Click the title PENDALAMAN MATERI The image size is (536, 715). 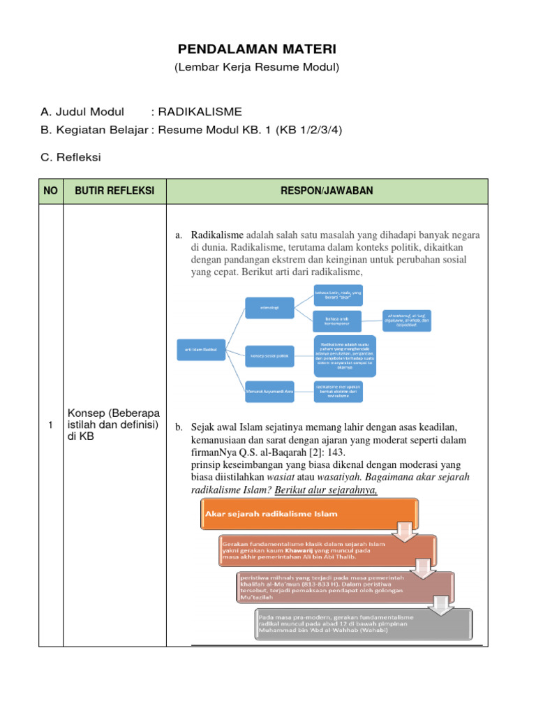257,50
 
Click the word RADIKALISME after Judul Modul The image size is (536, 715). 200,112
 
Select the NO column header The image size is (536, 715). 51,191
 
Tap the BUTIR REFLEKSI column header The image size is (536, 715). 114,191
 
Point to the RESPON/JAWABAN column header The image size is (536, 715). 327,191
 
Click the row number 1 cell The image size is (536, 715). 51,427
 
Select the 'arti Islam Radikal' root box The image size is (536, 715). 201,348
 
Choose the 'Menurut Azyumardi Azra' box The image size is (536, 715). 269,392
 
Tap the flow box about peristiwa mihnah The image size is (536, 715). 346,587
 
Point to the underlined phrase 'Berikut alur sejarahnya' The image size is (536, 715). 326,489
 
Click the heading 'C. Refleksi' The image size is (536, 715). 71,158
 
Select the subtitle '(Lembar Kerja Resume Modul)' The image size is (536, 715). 257,68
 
